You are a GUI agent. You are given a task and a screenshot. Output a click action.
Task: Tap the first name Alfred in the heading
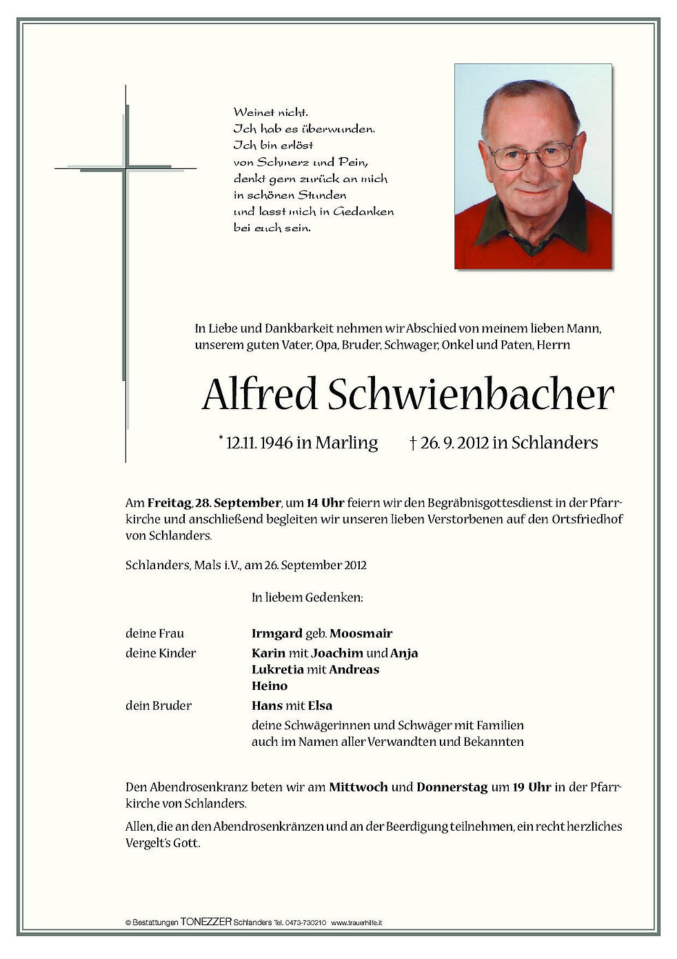(259, 395)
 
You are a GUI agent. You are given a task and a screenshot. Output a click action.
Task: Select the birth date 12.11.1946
(259, 443)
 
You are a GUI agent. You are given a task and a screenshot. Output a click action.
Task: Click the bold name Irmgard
(277, 633)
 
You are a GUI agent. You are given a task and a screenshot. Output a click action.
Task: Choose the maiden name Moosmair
(361, 633)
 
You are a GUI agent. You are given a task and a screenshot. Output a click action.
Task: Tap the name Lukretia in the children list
(277, 669)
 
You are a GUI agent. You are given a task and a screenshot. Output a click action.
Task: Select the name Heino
(270, 686)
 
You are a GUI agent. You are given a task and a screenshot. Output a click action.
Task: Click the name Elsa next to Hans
(320, 705)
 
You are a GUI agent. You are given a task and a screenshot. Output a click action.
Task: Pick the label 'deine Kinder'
(161, 653)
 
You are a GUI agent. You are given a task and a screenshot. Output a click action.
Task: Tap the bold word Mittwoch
(358, 787)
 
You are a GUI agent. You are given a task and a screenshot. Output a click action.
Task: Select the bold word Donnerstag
(452, 787)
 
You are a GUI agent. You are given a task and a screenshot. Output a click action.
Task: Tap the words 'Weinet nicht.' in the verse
(271, 112)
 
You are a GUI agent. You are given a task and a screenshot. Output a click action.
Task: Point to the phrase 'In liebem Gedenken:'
(307, 597)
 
